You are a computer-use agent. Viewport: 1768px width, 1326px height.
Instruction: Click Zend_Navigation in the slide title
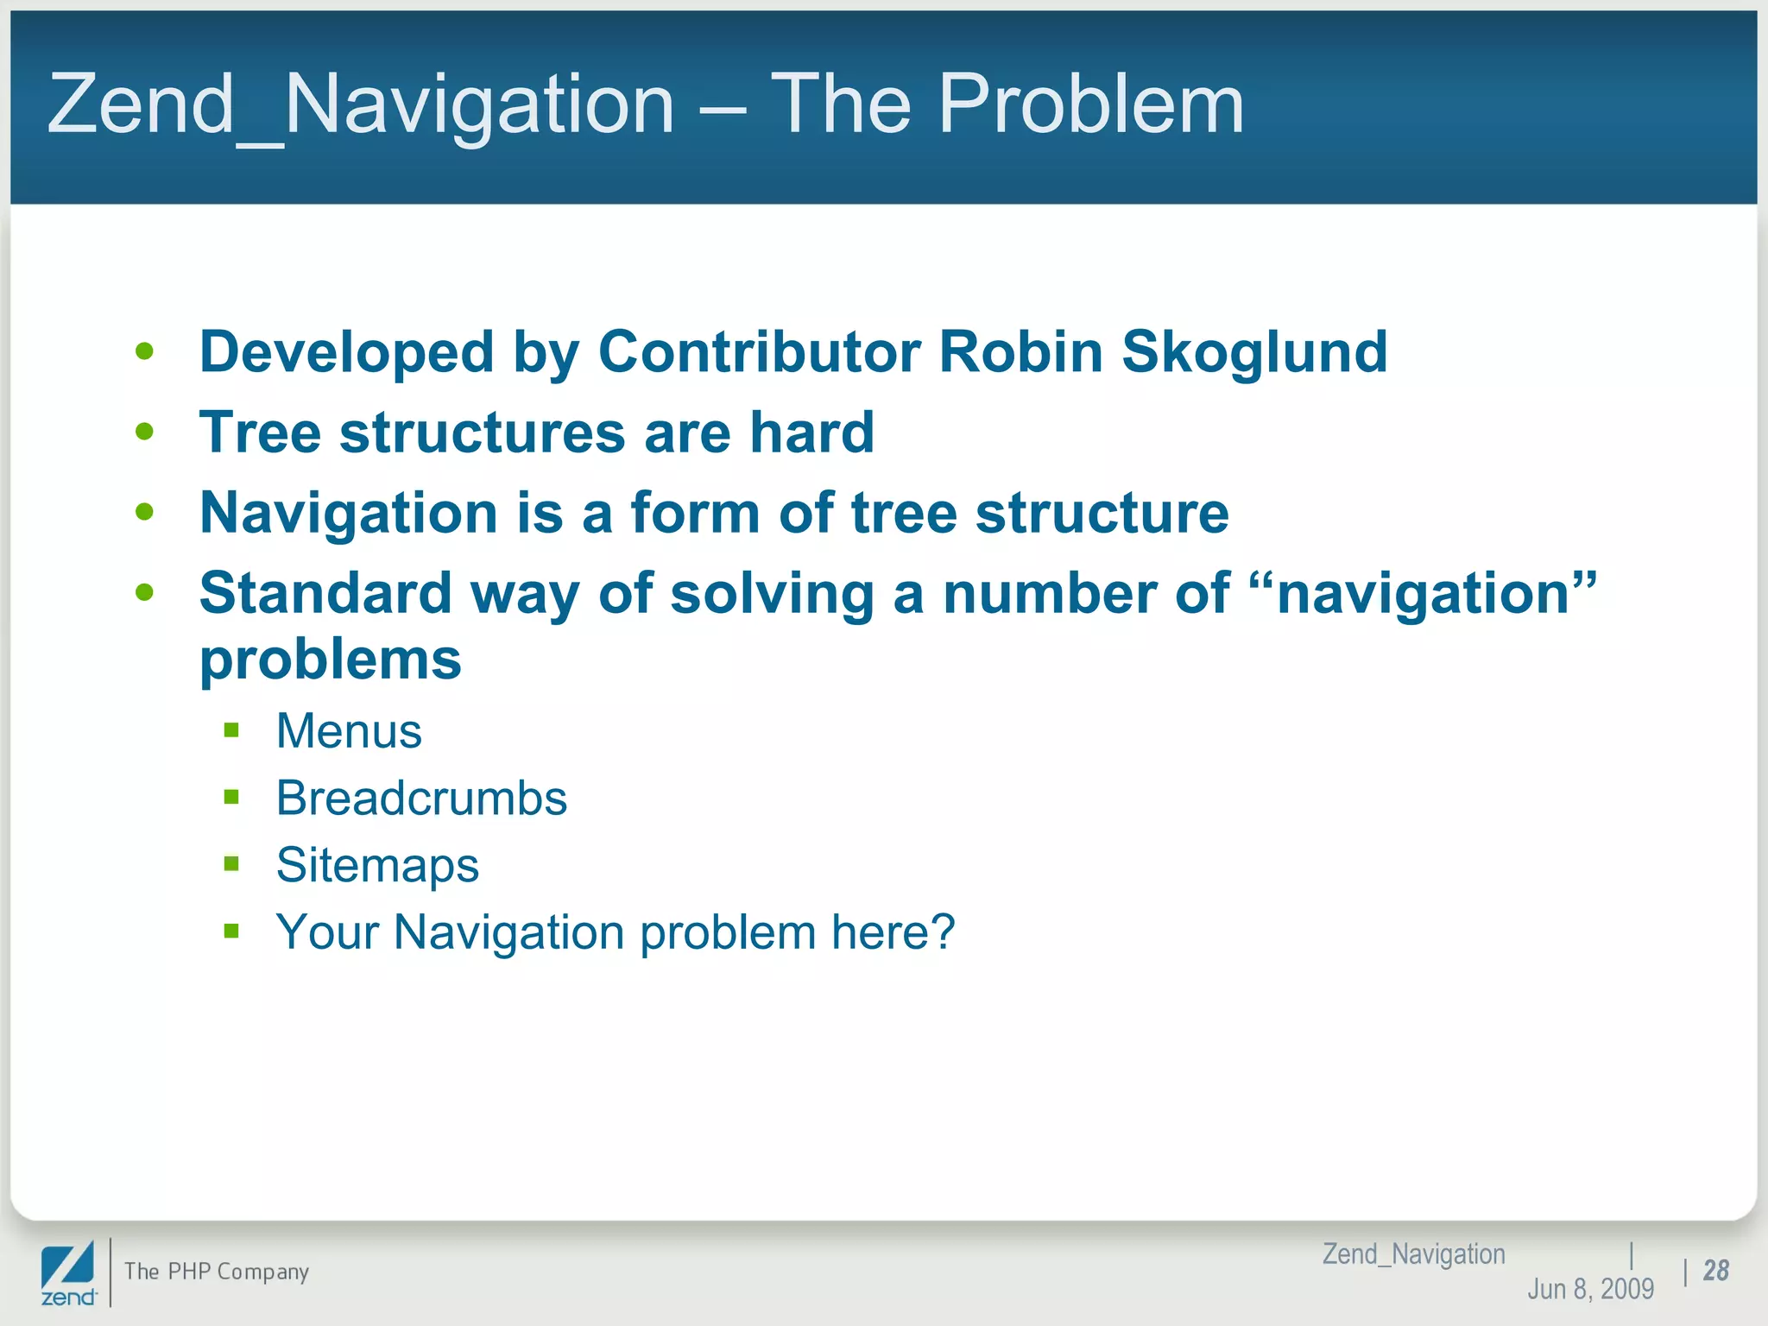[361, 105]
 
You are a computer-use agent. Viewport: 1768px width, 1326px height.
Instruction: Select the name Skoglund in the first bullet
[1253, 353]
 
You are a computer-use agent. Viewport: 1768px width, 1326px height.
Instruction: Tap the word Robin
[1020, 352]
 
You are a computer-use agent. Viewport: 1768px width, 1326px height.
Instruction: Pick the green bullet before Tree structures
[145, 432]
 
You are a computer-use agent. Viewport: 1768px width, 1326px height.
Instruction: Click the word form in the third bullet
[695, 513]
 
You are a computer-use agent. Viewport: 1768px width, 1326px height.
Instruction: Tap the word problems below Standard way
[331, 660]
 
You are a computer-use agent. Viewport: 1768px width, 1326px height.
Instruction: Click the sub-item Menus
[349, 731]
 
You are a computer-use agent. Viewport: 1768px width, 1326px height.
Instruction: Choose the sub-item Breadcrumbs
[421, 799]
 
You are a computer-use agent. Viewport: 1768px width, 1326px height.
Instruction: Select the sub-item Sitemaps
[377, 865]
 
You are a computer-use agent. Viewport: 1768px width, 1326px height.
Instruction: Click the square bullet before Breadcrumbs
[231, 797]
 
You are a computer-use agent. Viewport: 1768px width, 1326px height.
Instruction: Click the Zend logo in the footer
[68, 1274]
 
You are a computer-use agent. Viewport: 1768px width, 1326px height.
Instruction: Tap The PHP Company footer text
[216, 1272]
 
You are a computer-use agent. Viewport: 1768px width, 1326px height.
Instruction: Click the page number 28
[1715, 1271]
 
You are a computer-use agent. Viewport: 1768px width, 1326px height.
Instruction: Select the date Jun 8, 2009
[1590, 1289]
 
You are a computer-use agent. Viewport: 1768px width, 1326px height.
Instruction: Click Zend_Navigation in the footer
[1413, 1253]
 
